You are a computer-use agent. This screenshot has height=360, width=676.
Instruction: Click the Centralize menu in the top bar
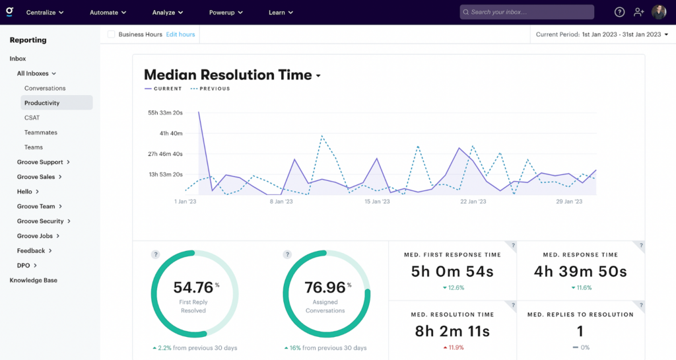(x=45, y=12)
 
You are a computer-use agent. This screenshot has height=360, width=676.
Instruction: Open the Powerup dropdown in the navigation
(x=226, y=12)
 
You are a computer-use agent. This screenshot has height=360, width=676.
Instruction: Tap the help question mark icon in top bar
(x=619, y=12)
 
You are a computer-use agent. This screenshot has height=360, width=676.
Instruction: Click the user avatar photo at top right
(x=659, y=12)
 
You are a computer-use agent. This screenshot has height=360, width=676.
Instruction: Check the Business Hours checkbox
(x=112, y=34)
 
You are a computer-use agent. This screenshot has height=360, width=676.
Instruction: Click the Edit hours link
(x=180, y=34)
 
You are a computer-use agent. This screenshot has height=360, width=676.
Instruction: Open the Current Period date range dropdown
(x=601, y=34)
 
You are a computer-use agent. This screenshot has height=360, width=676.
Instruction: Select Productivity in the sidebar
(x=42, y=103)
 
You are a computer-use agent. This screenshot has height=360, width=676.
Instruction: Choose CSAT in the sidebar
(x=32, y=118)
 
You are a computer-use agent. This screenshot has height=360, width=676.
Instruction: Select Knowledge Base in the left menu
(x=34, y=280)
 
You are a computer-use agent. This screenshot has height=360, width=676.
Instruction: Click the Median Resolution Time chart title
(x=228, y=75)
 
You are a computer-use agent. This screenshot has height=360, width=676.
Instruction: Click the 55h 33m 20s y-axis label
(x=165, y=113)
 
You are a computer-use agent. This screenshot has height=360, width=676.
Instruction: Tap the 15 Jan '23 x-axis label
(x=378, y=201)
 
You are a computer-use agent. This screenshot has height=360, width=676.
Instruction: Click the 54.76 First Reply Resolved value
(x=193, y=287)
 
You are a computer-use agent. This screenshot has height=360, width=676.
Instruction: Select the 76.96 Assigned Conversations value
(x=325, y=287)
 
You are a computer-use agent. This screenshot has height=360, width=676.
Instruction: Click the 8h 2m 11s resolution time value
(x=452, y=331)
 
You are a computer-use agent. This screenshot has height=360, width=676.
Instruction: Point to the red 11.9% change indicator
(x=452, y=347)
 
